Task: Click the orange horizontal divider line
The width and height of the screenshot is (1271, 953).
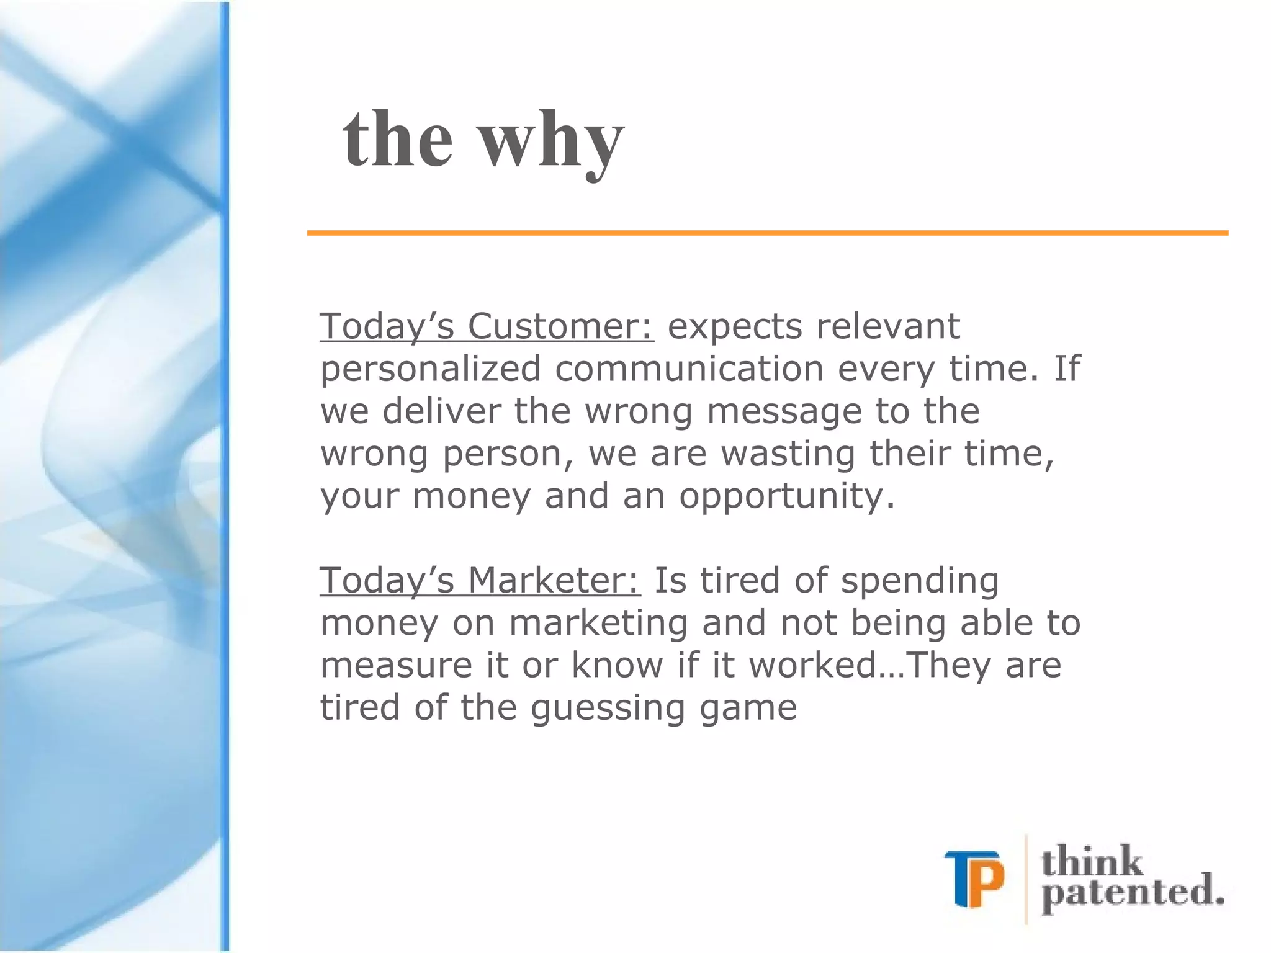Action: pos(767,233)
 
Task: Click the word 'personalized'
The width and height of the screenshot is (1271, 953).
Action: pos(430,369)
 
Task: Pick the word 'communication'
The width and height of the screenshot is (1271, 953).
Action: pos(688,369)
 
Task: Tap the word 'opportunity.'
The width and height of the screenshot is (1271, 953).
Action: pos(787,496)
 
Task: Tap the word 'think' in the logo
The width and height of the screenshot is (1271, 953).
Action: pos(1092,861)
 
